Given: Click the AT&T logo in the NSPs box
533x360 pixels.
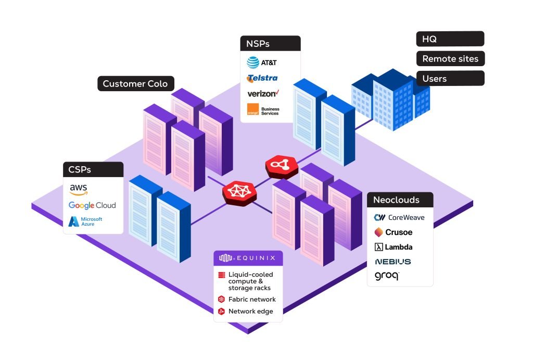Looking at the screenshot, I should [262, 63].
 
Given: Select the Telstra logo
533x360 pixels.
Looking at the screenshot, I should [262, 78].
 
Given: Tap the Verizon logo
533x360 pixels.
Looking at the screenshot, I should [263, 94].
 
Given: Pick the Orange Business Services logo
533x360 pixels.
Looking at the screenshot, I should [263, 110].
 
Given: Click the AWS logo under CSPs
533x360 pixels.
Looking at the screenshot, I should [79, 189].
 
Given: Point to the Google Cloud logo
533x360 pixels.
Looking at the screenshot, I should [92, 205].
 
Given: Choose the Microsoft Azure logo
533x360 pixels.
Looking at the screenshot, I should [86, 221].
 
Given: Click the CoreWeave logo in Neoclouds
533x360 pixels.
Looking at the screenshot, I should [399, 217].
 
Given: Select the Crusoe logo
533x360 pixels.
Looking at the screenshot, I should [393, 232].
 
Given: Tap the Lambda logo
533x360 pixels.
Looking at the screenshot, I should [394, 247].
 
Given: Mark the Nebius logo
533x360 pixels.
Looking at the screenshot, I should [392, 262].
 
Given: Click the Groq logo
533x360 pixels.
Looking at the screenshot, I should [387, 276].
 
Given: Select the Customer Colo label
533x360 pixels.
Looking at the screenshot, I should [135, 84].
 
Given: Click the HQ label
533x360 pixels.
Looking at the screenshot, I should [450, 39].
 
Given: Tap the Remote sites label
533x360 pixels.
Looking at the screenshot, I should [450, 59].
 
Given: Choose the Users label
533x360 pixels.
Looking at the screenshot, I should [450, 79].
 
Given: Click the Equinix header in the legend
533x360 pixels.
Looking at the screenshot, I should [248, 257].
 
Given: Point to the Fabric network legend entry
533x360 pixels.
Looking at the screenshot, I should [247, 300].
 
